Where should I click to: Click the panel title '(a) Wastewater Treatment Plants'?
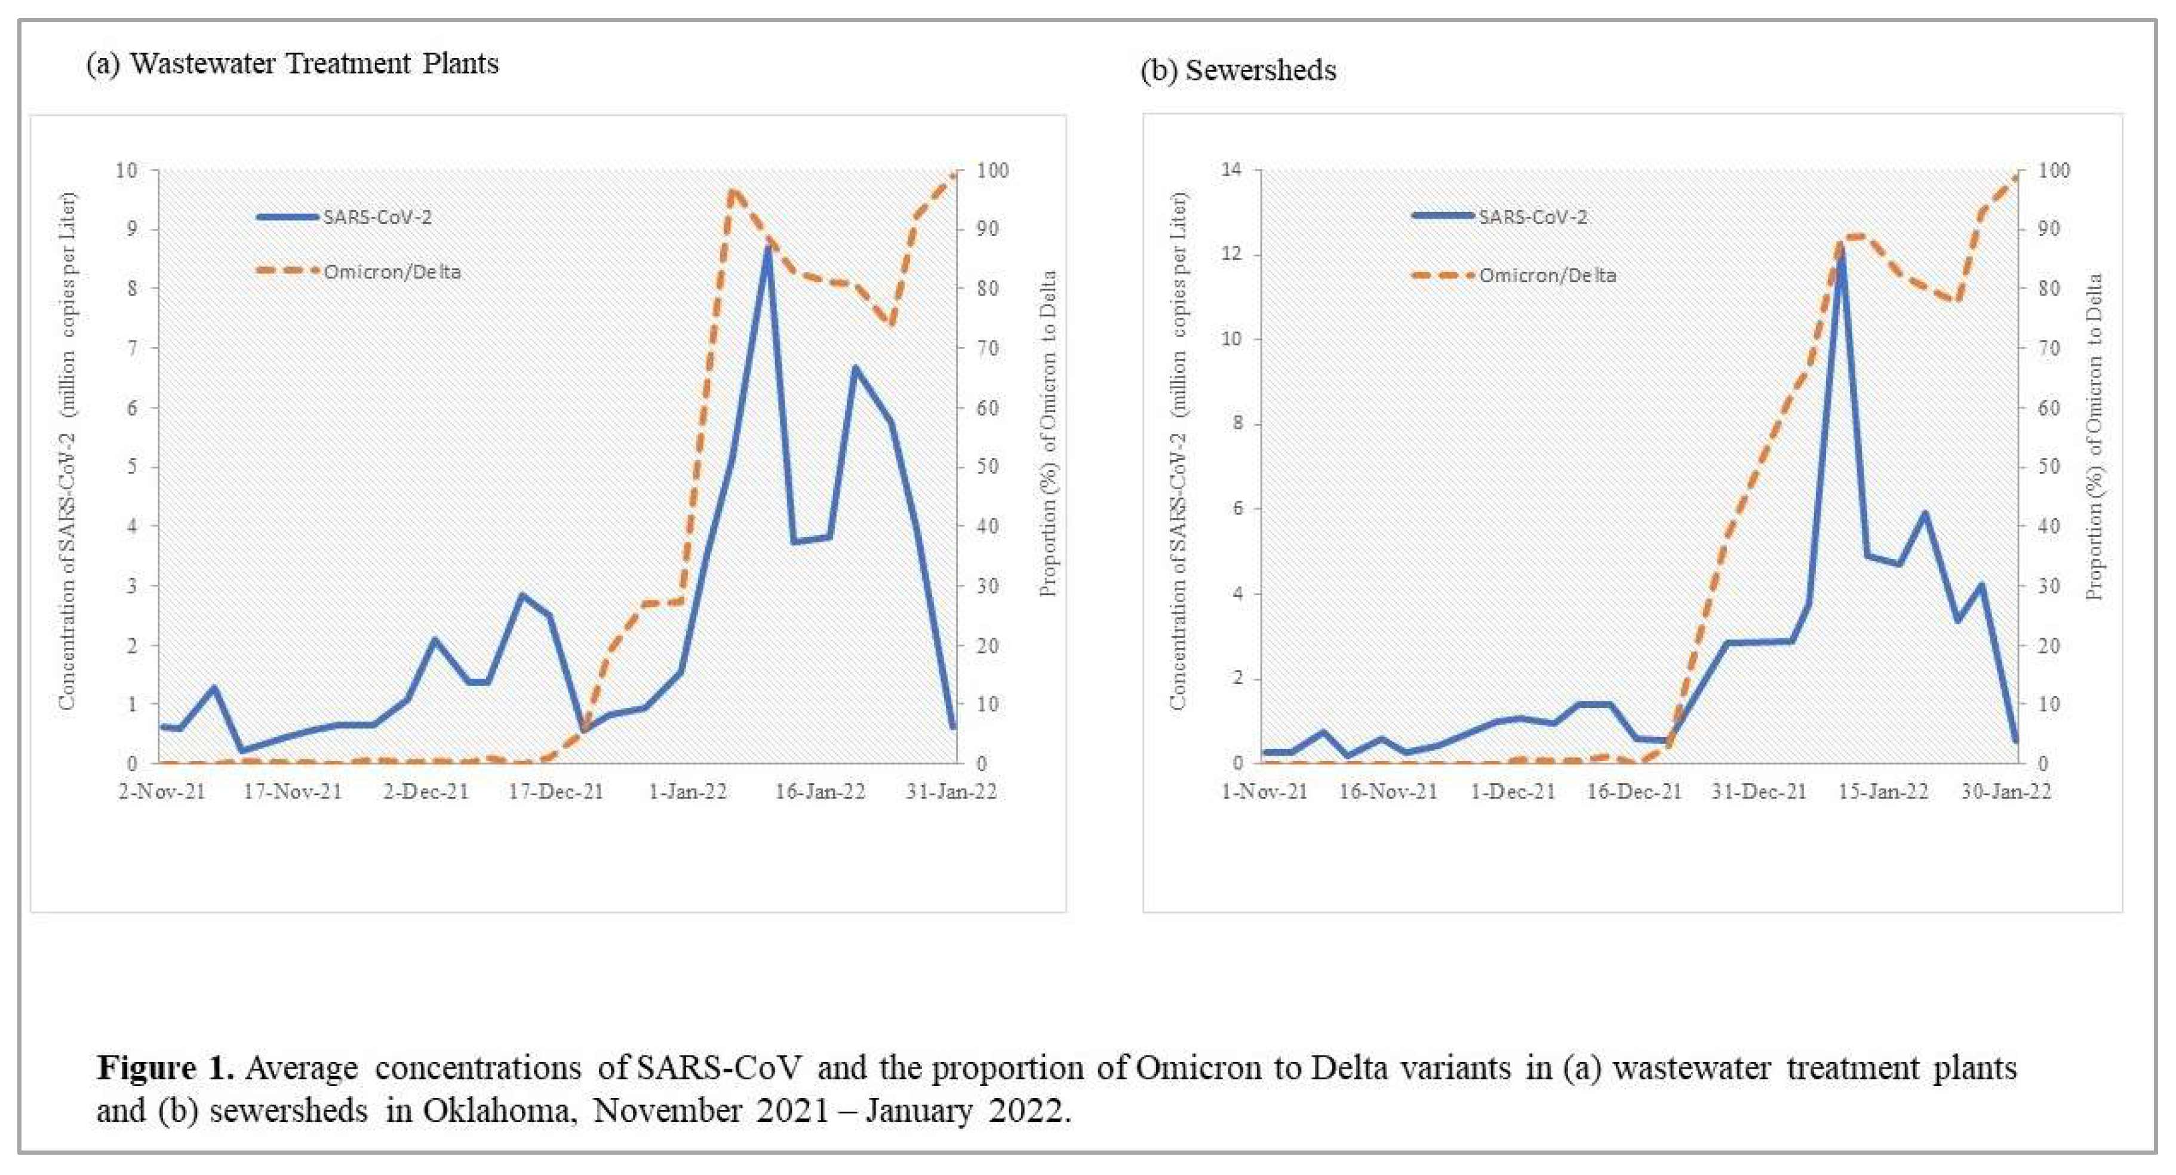point(292,63)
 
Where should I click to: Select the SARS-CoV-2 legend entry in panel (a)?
point(377,217)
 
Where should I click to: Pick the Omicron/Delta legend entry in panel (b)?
point(1546,275)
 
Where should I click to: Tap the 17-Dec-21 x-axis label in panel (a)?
point(556,792)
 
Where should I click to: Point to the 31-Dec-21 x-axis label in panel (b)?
point(1759,792)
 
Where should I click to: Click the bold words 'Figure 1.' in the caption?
point(165,1067)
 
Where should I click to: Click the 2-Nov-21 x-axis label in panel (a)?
point(162,792)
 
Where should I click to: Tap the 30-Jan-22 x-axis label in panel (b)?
point(2005,792)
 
